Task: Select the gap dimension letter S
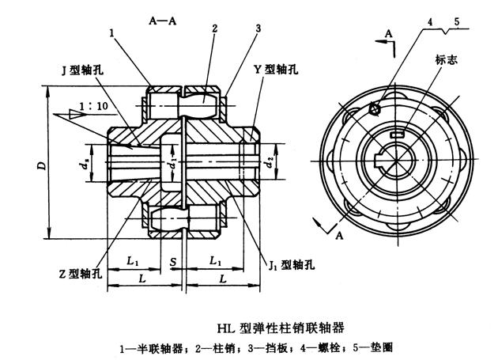pyautogui.click(x=172, y=260)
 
